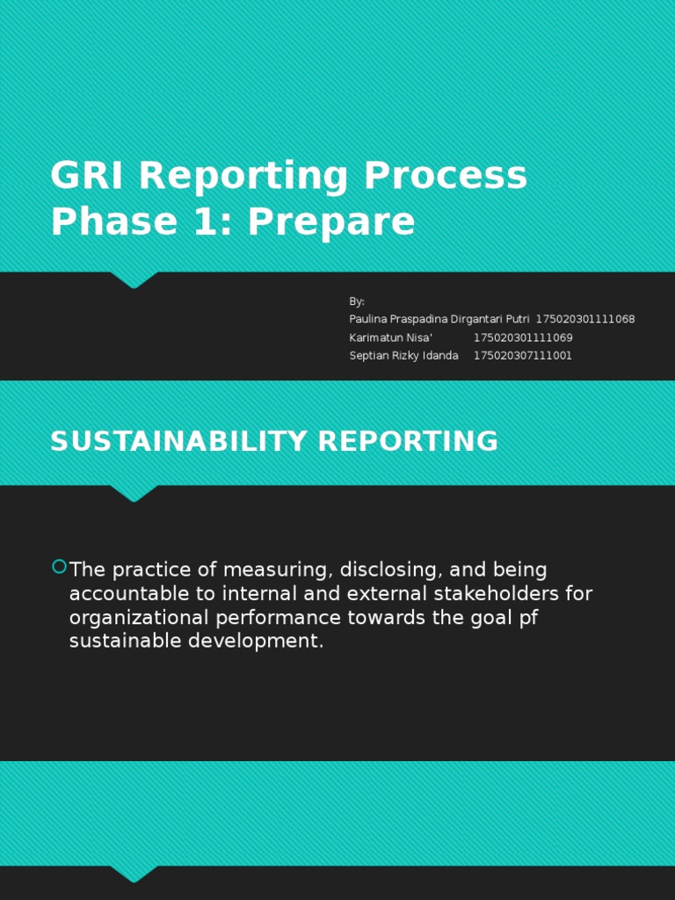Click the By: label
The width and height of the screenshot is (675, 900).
pyautogui.click(x=357, y=301)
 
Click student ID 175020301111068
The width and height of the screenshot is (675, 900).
pyautogui.click(x=585, y=319)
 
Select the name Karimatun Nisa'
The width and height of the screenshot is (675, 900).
pyautogui.click(x=391, y=337)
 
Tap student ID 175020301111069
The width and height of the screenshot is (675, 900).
pyautogui.click(x=523, y=337)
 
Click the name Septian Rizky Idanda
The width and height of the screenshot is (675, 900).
pyautogui.click(x=403, y=356)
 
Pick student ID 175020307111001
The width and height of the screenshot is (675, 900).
pyautogui.click(x=523, y=356)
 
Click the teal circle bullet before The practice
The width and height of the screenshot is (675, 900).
pyautogui.click(x=59, y=566)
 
